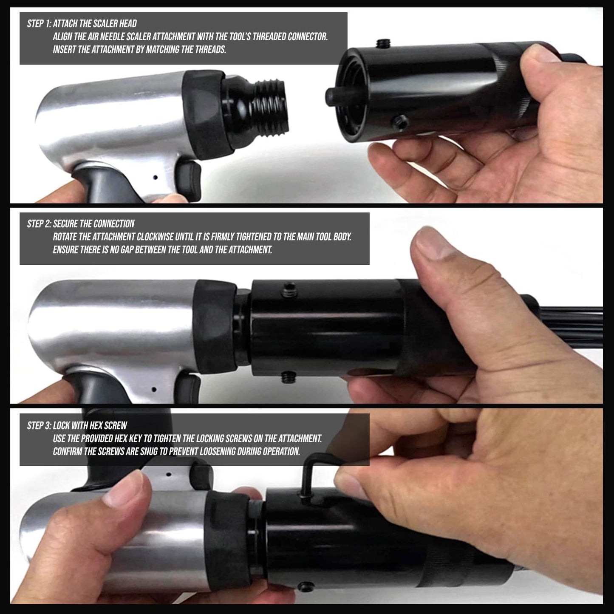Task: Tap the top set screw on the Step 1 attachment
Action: pyautogui.click(x=383, y=43)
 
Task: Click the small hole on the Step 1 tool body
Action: pyautogui.click(x=155, y=177)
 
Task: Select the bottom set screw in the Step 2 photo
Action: pyautogui.click(x=289, y=377)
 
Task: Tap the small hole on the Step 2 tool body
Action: pyautogui.click(x=154, y=389)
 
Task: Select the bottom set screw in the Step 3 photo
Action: pyautogui.click(x=306, y=586)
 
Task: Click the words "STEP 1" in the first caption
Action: pyautogui.click(x=39, y=23)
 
